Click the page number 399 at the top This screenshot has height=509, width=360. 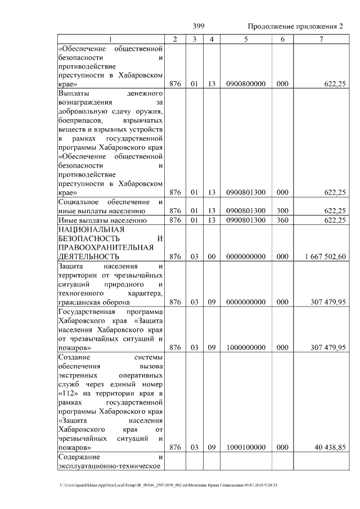(x=198, y=26)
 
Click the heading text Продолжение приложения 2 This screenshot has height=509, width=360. (x=295, y=26)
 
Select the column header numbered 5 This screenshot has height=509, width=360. (x=246, y=39)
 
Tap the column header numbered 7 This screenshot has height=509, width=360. (x=321, y=39)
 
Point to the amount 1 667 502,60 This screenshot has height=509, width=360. (x=325, y=256)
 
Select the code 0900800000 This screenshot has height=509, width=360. (x=246, y=84)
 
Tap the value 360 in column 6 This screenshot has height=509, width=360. (x=282, y=220)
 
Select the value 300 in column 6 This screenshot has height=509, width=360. (x=282, y=210)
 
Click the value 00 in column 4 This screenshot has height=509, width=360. (x=211, y=256)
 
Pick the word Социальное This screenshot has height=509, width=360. (x=79, y=202)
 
